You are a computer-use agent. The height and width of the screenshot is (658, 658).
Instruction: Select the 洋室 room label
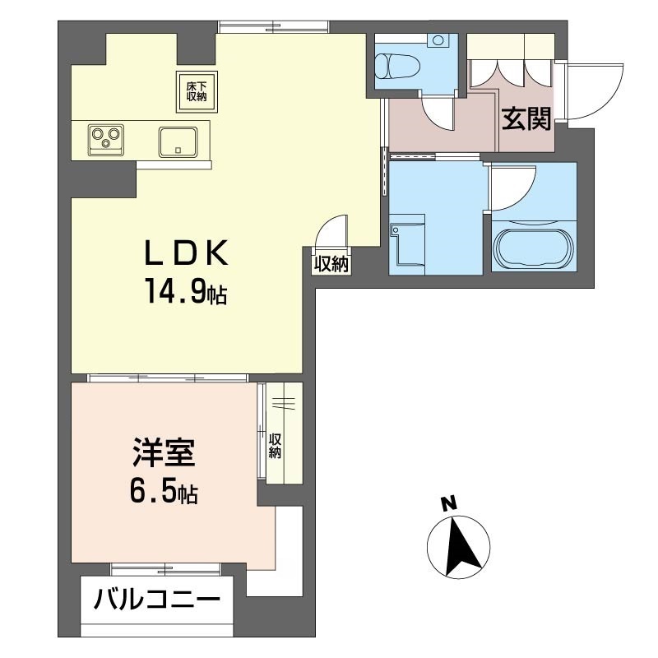pos(163,455)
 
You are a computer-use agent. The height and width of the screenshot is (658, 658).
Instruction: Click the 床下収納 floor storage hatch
pos(196,90)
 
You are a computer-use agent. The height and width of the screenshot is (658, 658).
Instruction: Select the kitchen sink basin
pos(176,141)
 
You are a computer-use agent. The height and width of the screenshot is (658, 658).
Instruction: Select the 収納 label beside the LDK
pos(331,264)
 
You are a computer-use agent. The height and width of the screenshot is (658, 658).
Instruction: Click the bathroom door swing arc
pos(513,186)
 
